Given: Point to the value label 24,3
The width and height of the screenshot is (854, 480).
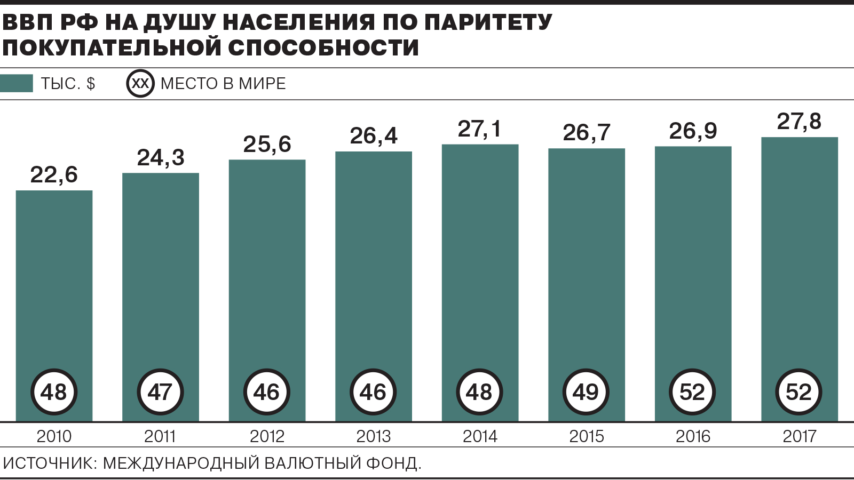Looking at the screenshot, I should click(161, 158).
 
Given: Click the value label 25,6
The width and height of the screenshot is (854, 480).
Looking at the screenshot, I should click(267, 145).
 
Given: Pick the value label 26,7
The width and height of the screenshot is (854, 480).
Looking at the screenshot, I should click(586, 133).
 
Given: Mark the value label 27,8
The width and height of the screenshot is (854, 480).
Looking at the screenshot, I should click(799, 122).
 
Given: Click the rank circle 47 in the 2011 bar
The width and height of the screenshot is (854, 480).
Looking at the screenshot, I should click(160, 392).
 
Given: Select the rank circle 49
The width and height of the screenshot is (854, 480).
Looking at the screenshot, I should click(586, 392).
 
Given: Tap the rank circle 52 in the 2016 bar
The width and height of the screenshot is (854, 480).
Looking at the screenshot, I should click(692, 392).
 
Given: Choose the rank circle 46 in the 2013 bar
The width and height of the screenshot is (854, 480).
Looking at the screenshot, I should click(373, 392).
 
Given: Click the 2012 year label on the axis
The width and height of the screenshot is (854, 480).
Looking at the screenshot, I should click(267, 436).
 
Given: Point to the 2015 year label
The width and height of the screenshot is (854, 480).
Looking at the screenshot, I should click(586, 436).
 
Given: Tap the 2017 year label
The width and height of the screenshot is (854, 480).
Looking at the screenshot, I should click(799, 436).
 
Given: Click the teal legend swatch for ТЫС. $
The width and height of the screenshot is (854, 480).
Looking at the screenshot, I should click(17, 84).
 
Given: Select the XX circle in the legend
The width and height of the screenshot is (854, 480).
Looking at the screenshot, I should click(140, 84).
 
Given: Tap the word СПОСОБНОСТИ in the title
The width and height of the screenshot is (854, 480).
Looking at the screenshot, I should click(323, 47).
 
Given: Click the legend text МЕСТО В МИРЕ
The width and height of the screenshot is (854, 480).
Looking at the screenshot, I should click(223, 84).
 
